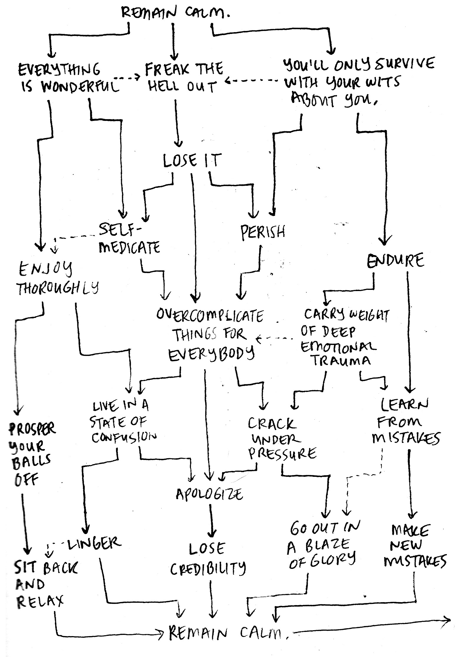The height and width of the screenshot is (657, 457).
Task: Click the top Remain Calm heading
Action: [175, 13]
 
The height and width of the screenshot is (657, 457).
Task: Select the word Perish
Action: [263, 232]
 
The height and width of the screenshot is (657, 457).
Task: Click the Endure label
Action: [395, 260]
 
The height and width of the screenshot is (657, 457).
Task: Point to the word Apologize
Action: [209, 494]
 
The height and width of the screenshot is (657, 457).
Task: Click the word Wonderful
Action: [80, 87]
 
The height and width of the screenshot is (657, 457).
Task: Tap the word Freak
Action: [167, 70]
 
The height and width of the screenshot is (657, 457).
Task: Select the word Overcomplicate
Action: [210, 316]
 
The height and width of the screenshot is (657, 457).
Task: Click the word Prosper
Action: [32, 429]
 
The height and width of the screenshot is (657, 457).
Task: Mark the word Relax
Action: [40, 602]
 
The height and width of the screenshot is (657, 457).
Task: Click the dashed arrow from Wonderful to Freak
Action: [127, 78]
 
